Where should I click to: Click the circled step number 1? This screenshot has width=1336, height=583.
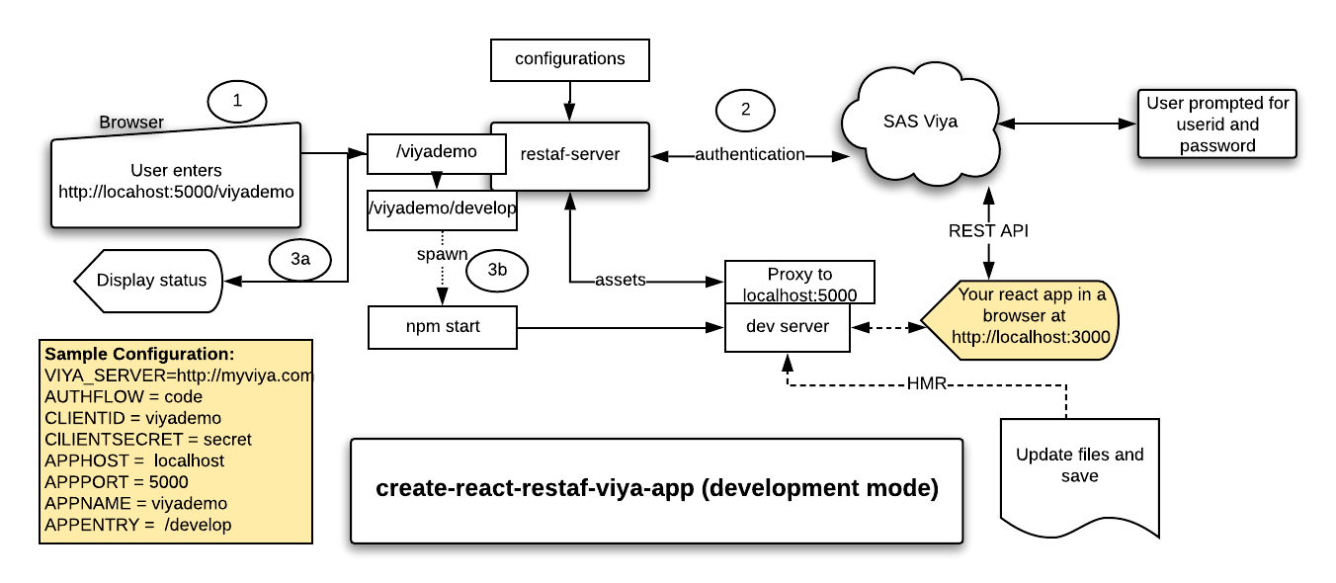237,101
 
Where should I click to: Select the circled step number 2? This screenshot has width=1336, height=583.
746,110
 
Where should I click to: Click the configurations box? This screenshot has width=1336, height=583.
570,59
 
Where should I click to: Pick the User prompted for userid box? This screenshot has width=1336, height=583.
1216,124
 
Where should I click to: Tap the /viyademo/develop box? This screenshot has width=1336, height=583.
442,209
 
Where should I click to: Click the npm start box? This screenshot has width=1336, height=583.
442,327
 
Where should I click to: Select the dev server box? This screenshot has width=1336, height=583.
787,327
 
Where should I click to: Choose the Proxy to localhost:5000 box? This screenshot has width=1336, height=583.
799,284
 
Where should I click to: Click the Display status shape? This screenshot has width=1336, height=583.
150,281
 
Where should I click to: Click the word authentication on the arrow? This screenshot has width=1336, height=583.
749,155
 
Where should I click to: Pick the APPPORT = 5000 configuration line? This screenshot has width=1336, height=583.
117,482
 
